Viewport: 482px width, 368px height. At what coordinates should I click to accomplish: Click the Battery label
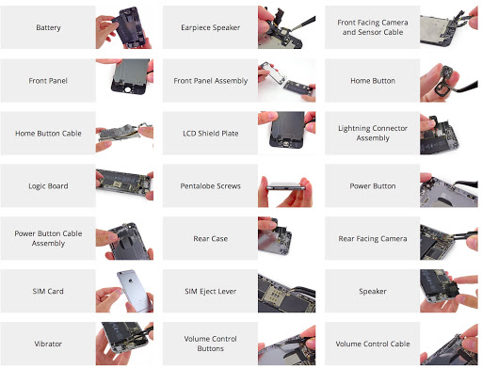49,28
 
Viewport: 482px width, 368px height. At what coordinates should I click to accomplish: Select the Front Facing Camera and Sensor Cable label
372,28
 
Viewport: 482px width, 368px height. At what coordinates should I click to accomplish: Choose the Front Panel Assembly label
211,81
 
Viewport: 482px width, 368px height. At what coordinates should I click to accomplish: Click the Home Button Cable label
49,134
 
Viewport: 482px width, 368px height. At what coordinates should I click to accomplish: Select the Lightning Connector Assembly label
372,134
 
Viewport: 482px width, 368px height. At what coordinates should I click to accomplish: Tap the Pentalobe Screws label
211,186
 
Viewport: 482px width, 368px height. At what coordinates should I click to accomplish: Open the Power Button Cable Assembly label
49,239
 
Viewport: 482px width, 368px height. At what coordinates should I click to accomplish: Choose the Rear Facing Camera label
372,239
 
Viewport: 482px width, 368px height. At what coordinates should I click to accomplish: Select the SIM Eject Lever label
211,292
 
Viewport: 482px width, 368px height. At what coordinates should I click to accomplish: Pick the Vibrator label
49,344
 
